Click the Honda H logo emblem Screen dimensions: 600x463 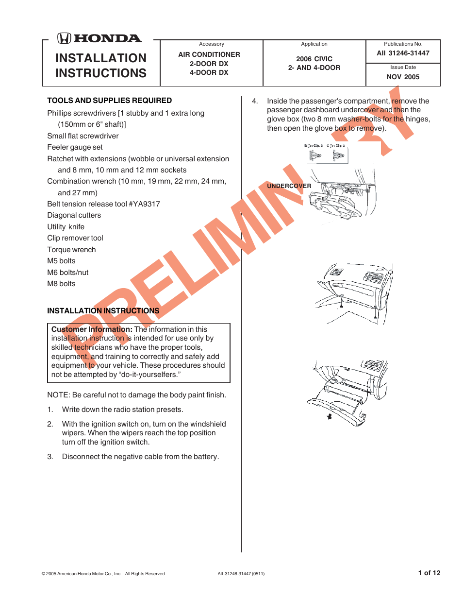[x=64, y=38]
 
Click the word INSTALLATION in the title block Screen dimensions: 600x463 [x=101, y=58]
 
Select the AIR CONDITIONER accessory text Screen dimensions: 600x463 [x=209, y=54]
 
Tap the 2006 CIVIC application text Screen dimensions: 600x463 [x=314, y=59]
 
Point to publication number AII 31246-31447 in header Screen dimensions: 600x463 [x=403, y=53]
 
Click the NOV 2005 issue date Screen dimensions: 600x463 [x=403, y=77]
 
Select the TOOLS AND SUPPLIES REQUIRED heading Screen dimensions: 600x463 [x=109, y=101]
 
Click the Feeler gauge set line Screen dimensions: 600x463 [x=75, y=147]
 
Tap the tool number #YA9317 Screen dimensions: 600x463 [x=144, y=204]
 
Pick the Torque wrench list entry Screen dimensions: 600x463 [x=71, y=250]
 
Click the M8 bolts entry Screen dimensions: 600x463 [x=61, y=284]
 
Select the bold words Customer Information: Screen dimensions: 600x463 [x=92, y=329]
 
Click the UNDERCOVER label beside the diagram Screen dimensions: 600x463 [x=289, y=186]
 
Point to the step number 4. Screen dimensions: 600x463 [x=254, y=101]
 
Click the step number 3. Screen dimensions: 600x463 [x=50, y=457]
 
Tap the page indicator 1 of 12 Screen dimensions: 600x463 [x=429, y=573]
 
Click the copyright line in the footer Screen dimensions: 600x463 [x=103, y=574]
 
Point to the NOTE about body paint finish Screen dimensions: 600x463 [x=136, y=395]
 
